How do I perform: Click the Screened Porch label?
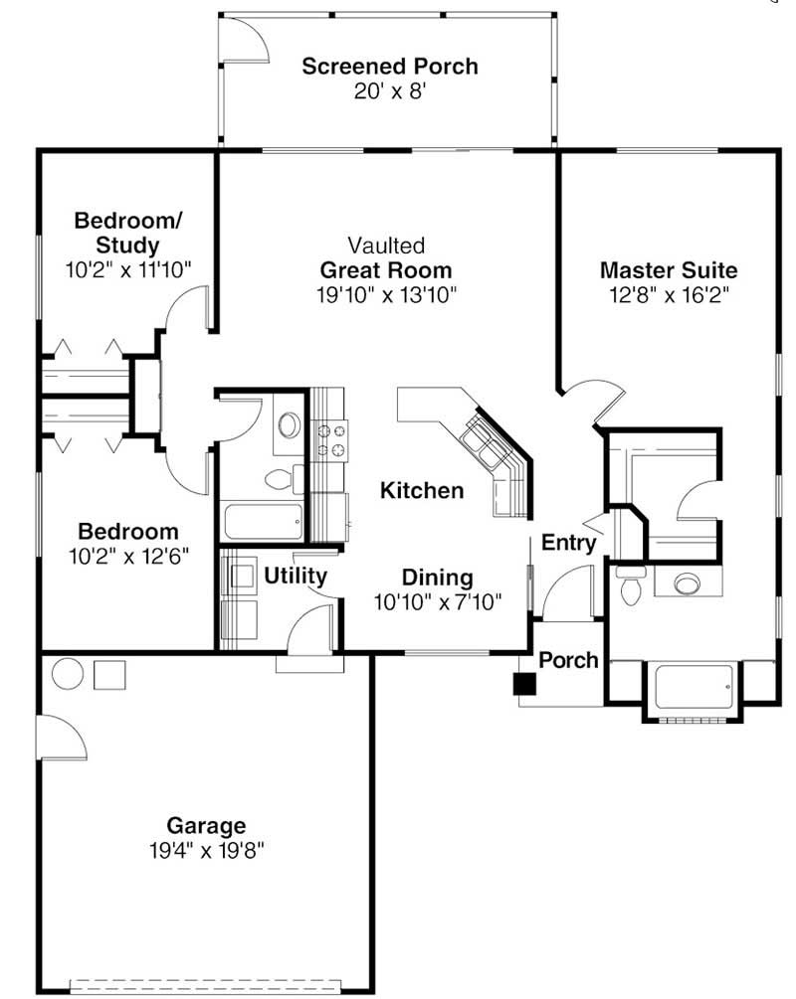[390, 67]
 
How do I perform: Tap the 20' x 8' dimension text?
[390, 91]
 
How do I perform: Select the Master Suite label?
[669, 270]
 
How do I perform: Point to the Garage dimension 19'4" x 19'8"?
[206, 851]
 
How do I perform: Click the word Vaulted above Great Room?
[386, 246]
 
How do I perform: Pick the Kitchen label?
[422, 491]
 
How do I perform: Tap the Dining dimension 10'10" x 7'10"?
[438, 602]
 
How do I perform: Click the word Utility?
[296, 576]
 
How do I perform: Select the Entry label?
[568, 543]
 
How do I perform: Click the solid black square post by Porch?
[525, 684]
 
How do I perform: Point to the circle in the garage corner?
[67, 674]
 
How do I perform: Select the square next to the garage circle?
[109, 675]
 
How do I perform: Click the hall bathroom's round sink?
[291, 425]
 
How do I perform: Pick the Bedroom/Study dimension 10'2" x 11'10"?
[128, 270]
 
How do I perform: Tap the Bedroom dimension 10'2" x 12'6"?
[128, 558]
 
